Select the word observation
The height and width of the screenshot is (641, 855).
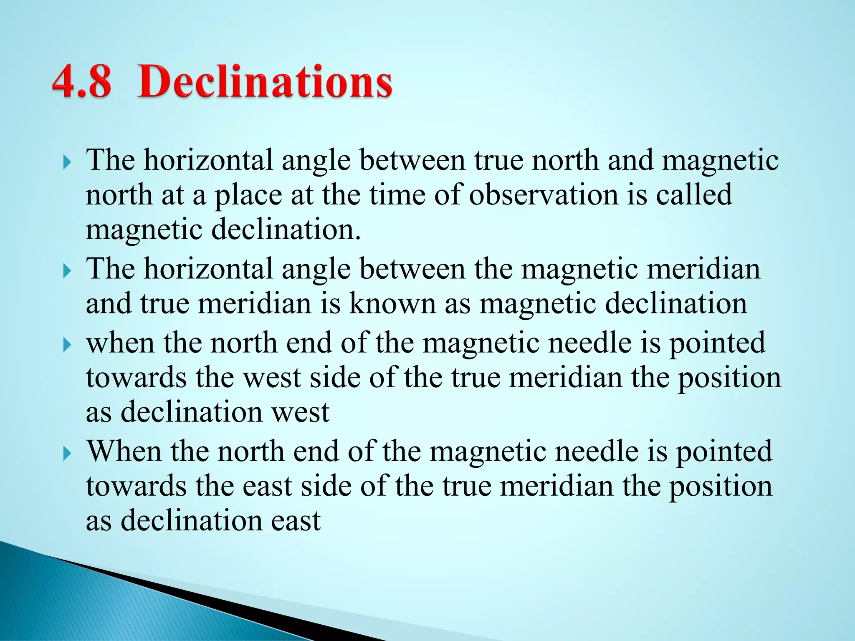point(543,195)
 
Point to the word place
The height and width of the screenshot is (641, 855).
point(248,196)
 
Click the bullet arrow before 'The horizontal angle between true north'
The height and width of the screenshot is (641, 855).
point(67,162)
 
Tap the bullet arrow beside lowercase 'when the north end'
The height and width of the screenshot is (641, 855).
point(67,345)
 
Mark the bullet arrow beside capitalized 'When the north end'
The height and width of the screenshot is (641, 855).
point(67,453)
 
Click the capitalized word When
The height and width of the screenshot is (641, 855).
point(124,452)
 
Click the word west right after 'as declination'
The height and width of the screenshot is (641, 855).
point(301,412)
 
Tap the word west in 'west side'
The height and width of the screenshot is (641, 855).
point(272,378)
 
